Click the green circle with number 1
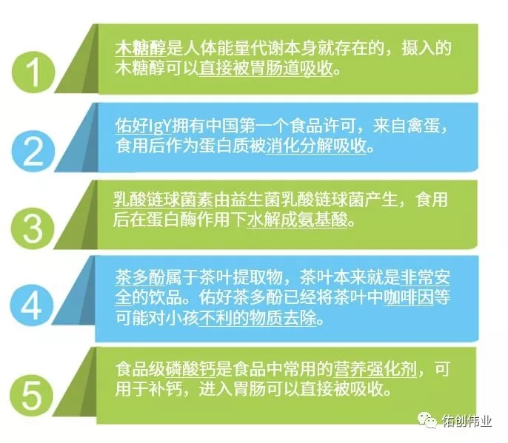tap(33, 72)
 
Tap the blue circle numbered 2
tap(33, 151)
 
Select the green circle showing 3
tap(33, 229)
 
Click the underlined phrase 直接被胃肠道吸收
tap(266, 69)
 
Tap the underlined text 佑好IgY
tap(143, 126)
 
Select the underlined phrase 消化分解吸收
tap(316, 146)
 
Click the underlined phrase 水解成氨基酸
tap(297, 220)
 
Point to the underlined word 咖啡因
tap(409, 298)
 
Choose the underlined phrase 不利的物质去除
tap(258, 318)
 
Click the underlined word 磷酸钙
tap(190, 369)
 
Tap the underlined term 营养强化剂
tap(375, 369)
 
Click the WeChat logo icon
tap(427, 420)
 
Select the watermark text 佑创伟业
tap(467, 421)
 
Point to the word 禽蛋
tap(424, 126)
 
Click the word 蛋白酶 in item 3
tap(171, 220)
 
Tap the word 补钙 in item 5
tap(166, 389)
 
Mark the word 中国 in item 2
tap(223, 126)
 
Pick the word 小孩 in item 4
tap(182, 318)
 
